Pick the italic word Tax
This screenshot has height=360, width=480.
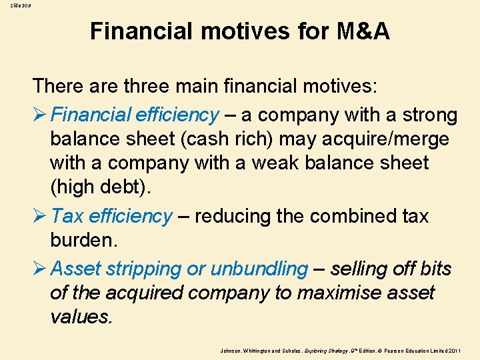[x=67, y=216]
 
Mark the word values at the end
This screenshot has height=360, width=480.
[x=81, y=317]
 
